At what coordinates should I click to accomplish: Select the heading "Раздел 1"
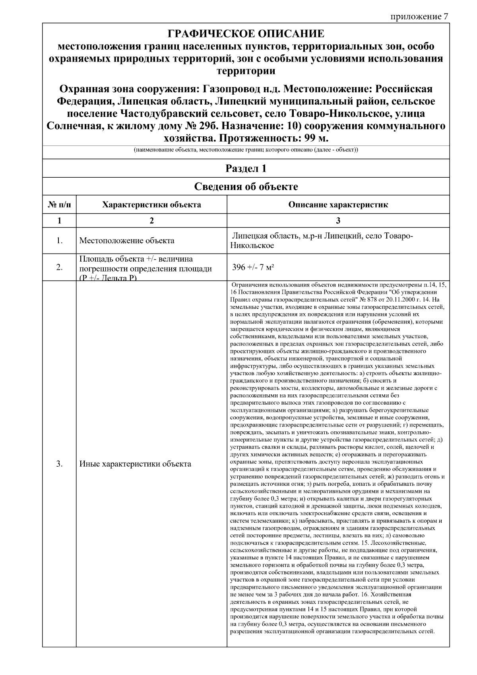point(246,169)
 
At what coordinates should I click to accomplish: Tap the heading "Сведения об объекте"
point(246,186)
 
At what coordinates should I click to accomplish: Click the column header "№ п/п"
point(59,205)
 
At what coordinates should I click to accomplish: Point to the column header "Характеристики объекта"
point(151,205)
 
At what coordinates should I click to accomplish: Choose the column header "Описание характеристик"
point(338,205)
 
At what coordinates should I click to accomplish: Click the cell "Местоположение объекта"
point(127,241)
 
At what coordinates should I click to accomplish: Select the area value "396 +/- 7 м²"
point(253,267)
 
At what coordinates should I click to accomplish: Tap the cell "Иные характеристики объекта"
point(135,464)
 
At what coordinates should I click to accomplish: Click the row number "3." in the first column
point(59,464)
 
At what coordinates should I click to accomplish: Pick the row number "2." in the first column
point(59,267)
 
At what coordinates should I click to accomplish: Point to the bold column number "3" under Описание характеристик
point(338,221)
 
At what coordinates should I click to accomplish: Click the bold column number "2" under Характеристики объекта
point(151,221)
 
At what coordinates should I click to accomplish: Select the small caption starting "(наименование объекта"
point(246,151)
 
